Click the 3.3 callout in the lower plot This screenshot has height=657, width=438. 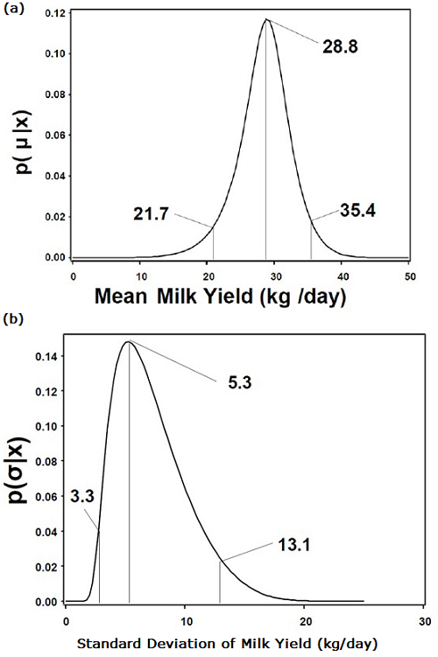tap(83, 497)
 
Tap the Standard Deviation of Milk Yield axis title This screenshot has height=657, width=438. tap(229, 643)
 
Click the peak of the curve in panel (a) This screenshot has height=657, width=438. tap(266, 19)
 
